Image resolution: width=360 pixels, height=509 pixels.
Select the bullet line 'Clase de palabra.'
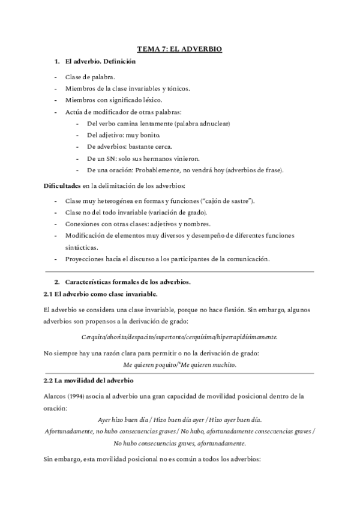(x=90, y=77)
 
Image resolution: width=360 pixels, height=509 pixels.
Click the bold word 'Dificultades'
(x=62, y=185)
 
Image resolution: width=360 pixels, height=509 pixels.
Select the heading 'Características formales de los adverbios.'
(x=127, y=282)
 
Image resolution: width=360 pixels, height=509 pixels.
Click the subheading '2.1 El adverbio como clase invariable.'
(x=101, y=294)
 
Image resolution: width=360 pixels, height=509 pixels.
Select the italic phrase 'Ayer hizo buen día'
(x=124, y=419)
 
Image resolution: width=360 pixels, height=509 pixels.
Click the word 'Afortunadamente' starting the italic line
(x=68, y=431)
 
